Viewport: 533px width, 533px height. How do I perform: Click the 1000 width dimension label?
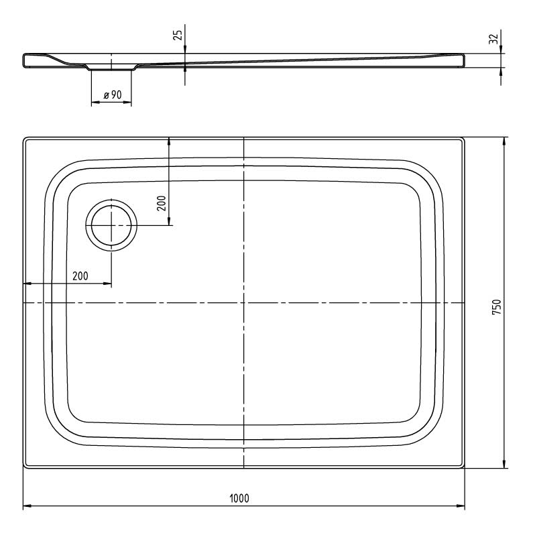pos(239,498)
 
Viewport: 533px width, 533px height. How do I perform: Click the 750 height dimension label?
pos(497,306)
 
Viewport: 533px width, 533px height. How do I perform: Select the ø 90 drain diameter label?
pos(113,95)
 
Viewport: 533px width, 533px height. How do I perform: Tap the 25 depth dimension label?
pos(178,35)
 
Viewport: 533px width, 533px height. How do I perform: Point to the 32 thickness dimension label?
pos(493,39)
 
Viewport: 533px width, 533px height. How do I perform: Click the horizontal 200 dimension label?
pos(80,276)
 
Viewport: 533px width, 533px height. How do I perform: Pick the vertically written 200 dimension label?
pos(162,203)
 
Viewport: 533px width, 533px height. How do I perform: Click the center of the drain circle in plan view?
pos(111,225)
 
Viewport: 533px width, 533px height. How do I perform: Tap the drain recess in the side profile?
pos(111,67)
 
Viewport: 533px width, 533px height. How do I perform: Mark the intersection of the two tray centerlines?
pos(244,302)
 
